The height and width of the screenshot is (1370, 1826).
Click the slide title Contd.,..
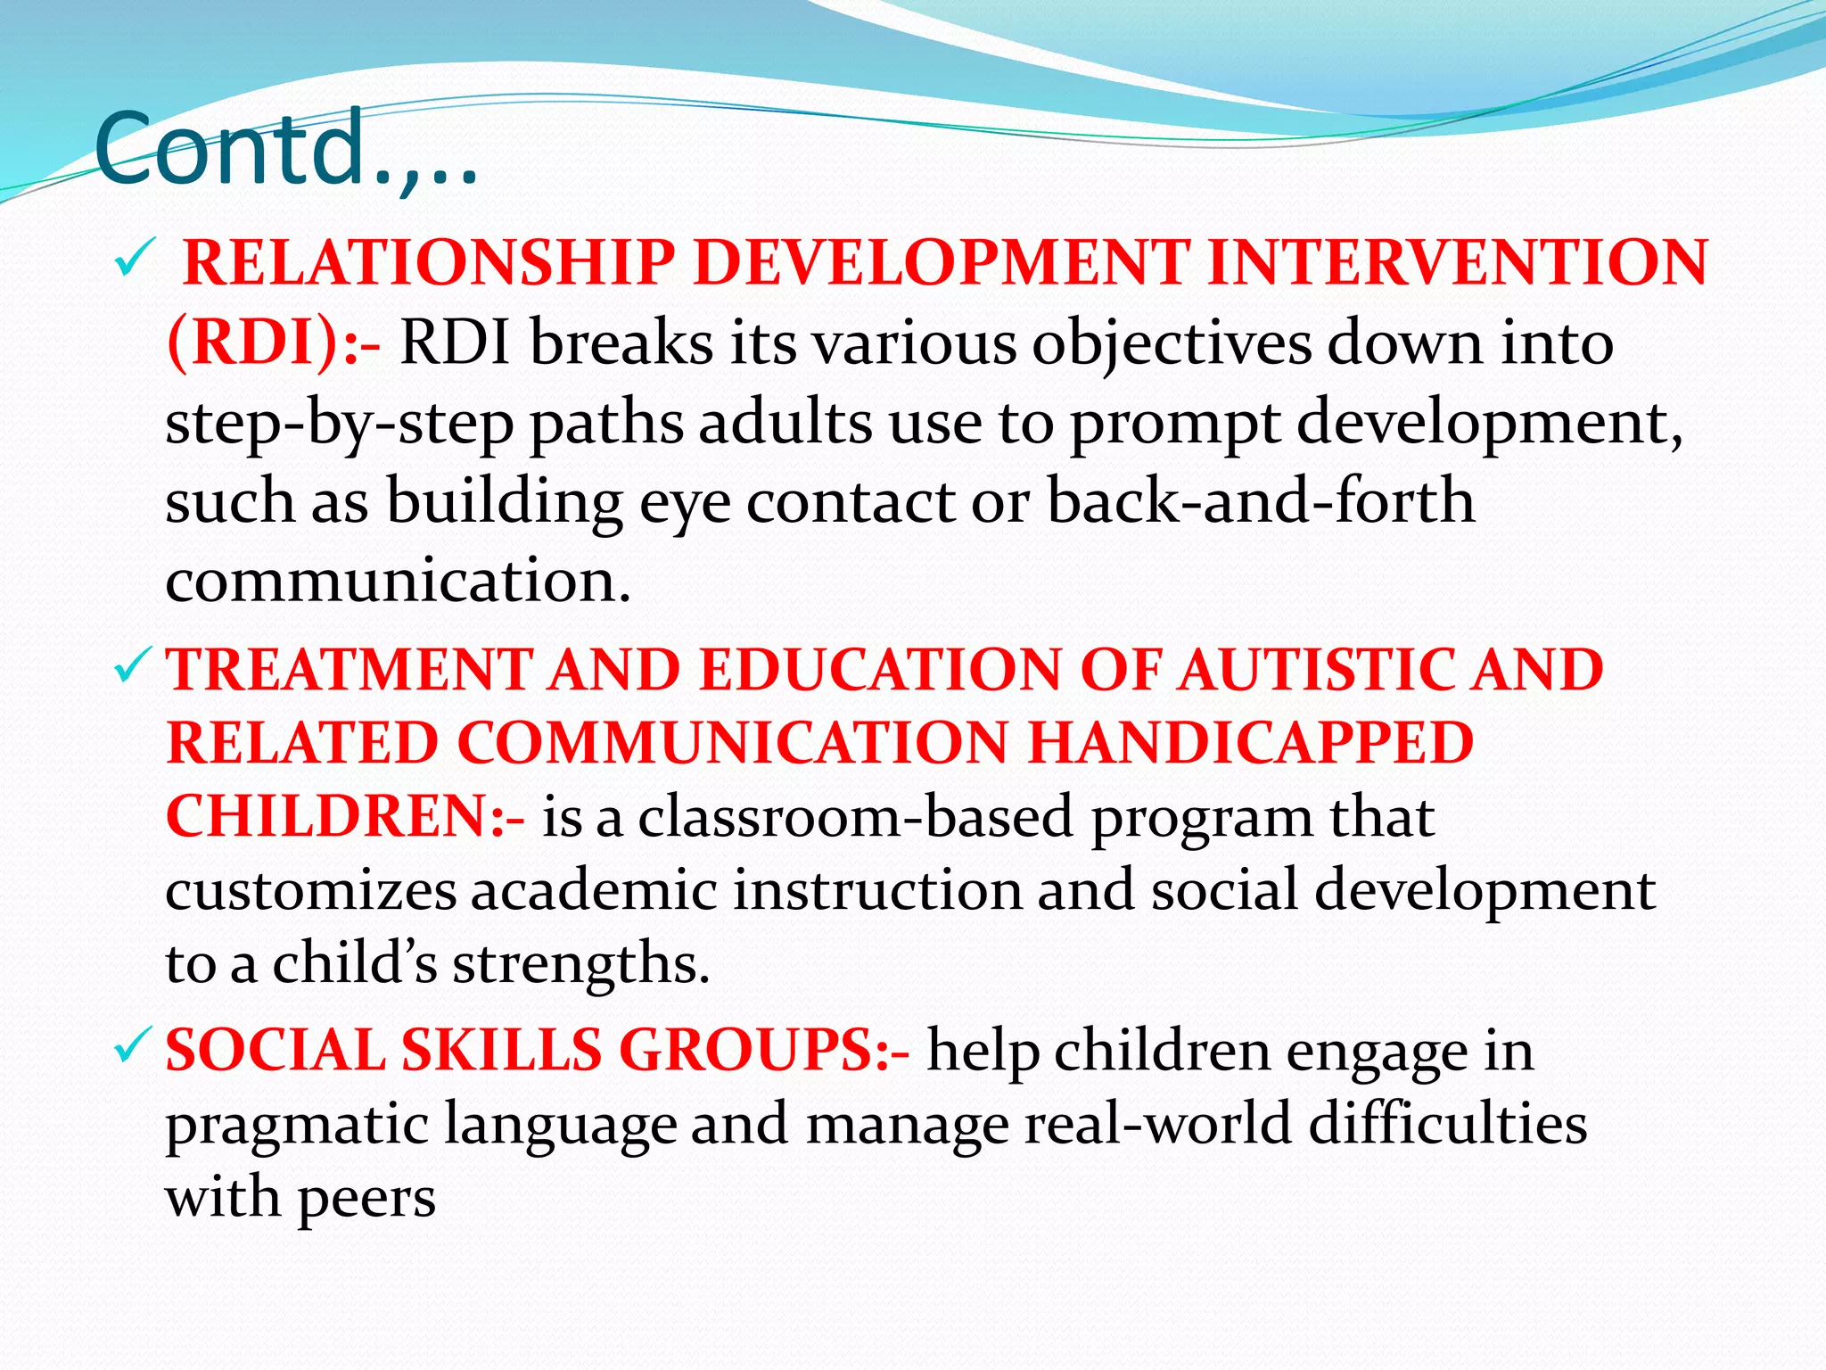[x=285, y=149]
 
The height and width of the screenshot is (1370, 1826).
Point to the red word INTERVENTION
[x=1457, y=263]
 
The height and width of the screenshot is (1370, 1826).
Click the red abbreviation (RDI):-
[x=273, y=342]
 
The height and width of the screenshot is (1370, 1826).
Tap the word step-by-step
[x=339, y=422]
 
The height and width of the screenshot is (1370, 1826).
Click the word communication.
[x=398, y=580]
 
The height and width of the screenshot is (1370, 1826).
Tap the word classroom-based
[x=855, y=816]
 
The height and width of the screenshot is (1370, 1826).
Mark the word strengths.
[x=580, y=964]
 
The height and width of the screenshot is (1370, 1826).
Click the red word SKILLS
[x=502, y=1049]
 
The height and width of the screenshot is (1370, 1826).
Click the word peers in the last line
[x=366, y=1197]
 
